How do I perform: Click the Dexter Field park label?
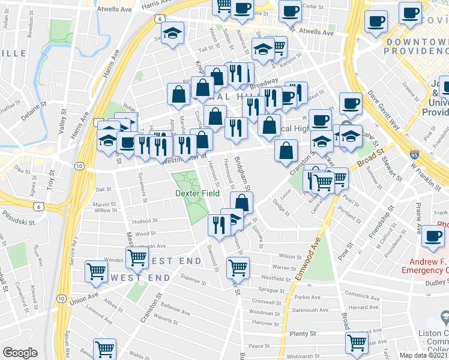click(197, 193)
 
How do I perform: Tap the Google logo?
click(20, 352)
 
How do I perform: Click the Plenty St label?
click(303, 334)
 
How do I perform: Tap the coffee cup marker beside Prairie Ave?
click(433, 237)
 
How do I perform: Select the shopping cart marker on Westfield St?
click(238, 267)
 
